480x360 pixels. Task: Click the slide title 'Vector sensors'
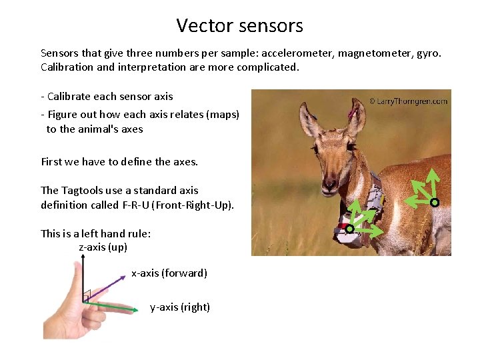click(x=239, y=26)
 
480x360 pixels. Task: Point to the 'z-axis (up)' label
click(x=103, y=247)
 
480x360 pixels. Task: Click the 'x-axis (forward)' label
click(x=169, y=273)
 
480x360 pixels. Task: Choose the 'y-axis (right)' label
click(x=180, y=307)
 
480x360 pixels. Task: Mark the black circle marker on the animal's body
click(x=434, y=202)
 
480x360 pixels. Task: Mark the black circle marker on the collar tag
click(x=349, y=229)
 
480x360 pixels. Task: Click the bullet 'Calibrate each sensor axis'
click(x=107, y=96)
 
